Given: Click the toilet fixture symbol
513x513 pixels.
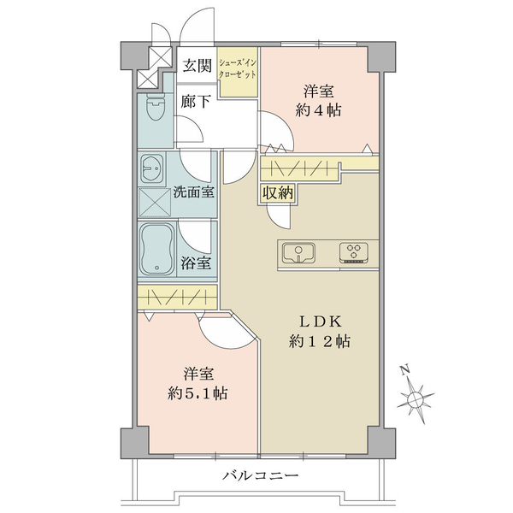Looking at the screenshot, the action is (x=155, y=107).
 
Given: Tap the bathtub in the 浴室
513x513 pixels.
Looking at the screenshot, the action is (x=157, y=249).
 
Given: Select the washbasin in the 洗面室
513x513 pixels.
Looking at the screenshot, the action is (x=152, y=168).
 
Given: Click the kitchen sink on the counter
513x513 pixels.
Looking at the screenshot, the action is (x=298, y=252).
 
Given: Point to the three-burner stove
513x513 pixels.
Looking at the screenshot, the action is (x=354, y=252).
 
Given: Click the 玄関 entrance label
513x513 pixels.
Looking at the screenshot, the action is (x=197, y=66).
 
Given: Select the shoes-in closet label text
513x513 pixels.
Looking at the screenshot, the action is (x=238, y=68).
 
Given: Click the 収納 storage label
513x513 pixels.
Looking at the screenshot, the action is (x=278, y=193).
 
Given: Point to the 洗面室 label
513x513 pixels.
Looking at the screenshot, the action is (x=194, y=192).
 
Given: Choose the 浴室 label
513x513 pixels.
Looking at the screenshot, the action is (x=196, y=262).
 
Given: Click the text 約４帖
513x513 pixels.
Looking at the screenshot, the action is (x=318, y=110).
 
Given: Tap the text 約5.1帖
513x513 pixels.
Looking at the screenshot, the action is (x=198, y=393).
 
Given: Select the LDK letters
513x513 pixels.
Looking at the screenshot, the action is (x=321, y=322).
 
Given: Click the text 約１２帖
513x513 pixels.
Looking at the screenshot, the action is (x=320, y=341).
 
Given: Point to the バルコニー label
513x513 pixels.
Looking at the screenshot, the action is (x=261, y=475).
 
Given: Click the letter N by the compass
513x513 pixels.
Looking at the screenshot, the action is (x=405, y=369).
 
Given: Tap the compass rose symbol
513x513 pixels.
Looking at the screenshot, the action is (x=416, y=399).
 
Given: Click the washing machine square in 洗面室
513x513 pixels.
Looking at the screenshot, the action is (x=155, y=203).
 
